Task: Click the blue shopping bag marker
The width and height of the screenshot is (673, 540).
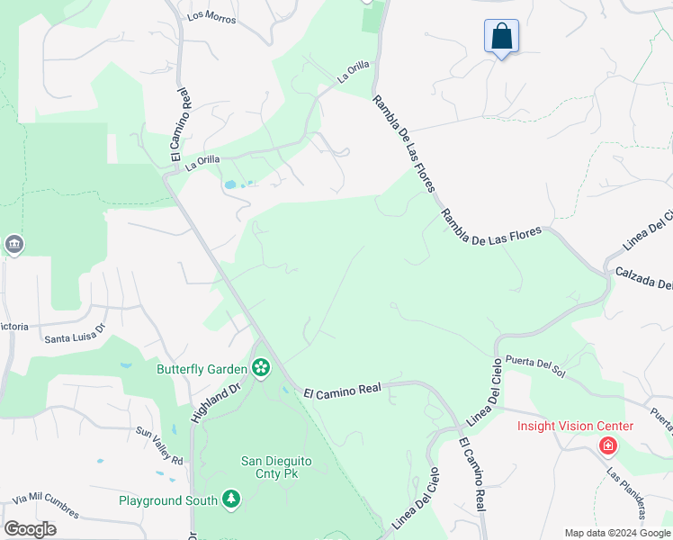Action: point(501,38)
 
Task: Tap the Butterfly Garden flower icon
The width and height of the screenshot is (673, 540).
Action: point(261,367)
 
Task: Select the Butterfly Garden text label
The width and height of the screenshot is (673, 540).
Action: point(202,369)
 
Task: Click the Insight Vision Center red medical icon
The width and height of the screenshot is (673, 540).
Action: point(608,445)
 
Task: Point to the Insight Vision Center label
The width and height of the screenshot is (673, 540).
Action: point(574,426)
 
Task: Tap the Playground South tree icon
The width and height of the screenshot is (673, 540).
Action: point(231,499)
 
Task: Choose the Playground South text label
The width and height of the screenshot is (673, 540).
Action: point(168,500)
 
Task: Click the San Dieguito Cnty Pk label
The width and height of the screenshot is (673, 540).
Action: point(276,467)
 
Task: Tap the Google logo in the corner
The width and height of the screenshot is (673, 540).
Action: point(30,529)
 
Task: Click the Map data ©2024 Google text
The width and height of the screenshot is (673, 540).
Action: point(616,533)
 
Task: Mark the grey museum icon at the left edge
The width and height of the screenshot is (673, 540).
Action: point(13,245)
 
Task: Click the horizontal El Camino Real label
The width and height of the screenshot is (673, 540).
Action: point(343,391)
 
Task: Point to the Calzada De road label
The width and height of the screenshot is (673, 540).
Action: point(644,278)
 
